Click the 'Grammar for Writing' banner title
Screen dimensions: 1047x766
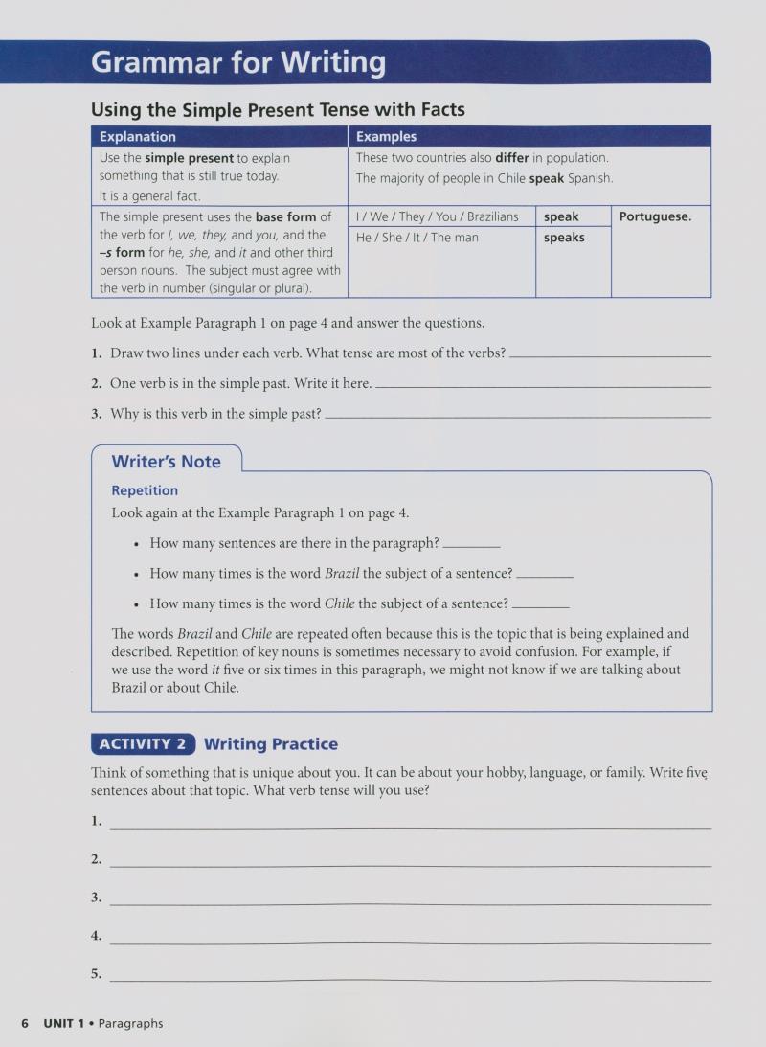(x=238, y=62)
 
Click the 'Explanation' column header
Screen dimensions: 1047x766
(x=138, y=137)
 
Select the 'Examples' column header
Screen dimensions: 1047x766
(x=386, y=137)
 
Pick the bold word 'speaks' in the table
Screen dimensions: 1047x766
(x=564, y=238)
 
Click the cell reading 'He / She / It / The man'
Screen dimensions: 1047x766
(x=417, y=238)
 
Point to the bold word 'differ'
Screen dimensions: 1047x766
(x=512, y=158)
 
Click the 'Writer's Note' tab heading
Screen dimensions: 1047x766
(x=166, y=462)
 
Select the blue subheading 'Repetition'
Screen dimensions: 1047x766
(x=145, y=490)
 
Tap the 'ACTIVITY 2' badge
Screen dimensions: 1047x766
(x=143, y=744)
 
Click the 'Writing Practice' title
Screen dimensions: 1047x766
(x=271, y=744)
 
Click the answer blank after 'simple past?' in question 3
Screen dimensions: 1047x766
(x=518, y=415)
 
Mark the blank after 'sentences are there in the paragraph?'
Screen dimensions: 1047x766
(x=471, y=544)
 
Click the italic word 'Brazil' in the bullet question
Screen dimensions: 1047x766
(x=342, y=574)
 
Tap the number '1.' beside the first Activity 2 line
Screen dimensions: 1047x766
(x=97, y=821)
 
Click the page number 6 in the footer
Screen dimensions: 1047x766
(x=25, y=1023)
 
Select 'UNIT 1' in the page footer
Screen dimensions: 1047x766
(x=64, y=1023)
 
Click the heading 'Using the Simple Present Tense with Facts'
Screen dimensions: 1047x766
(x=278, y=110)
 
